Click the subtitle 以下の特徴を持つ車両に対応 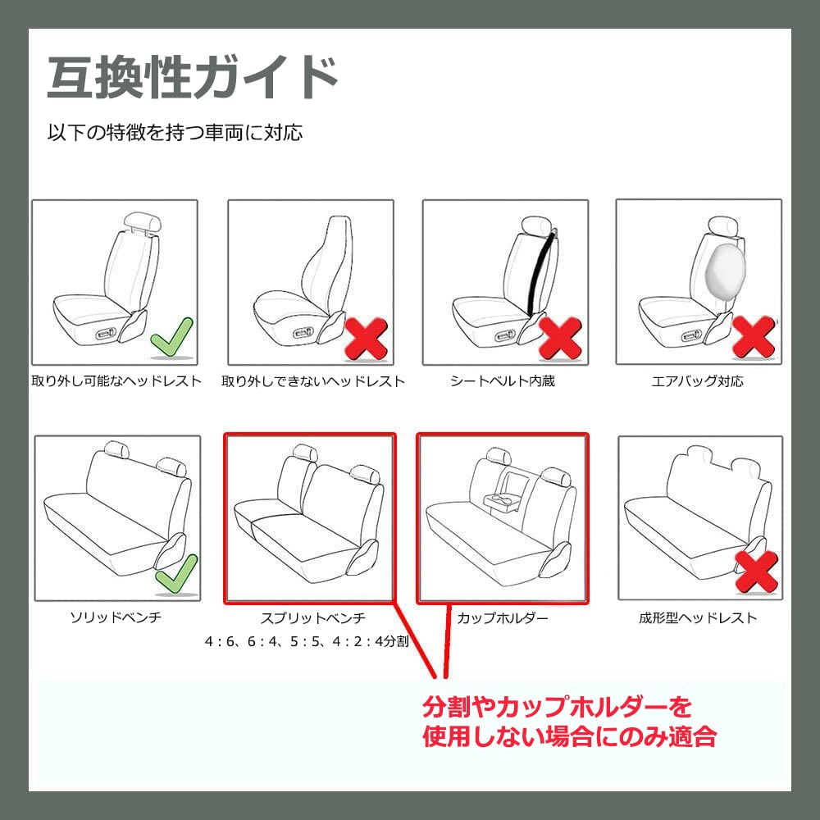pyautogui.click(x=175, y=132)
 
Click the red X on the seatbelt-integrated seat pyautogui.click(x=560, y=338)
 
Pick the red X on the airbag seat pyautogui.click(x=754, y=337)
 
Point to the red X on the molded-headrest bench pyautogui.click(x=756, y=572)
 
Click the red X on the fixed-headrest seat pyautogui.click(x=367, y=339)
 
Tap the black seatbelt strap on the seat pyautogui.click(x=540, y=274)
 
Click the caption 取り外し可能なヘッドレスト pyautogui.click(x=116, y=380)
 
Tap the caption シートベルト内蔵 pyautogui.click(x=503, y=380)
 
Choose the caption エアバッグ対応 pyautogui.click(x=698, y=380)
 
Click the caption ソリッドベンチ pyautogui.click(x=116, y=617)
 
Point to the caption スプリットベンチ pyautogui.click(x=313, y=617)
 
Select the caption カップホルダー pyautogui.click(x=503, y=617)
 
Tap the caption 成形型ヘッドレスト pyautogui.click(x=698, y=617)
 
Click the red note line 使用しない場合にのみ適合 pyautogui.click(x=570, y=737)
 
